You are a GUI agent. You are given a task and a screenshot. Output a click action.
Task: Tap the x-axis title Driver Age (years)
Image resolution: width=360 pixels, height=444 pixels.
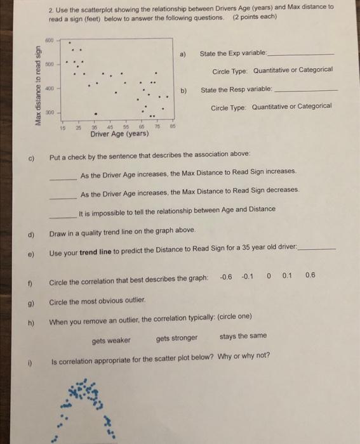[x=120, y=134]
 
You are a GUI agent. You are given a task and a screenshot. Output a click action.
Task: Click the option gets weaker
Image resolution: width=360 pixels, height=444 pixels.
[x=112, y=340]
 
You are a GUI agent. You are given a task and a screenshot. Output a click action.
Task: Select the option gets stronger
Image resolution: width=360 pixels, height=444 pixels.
[x=177, y=338]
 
